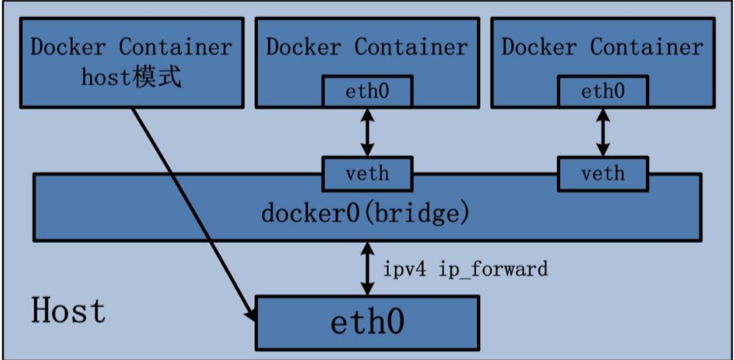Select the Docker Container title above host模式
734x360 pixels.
tap(131, 46)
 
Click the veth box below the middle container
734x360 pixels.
tap(367, 174)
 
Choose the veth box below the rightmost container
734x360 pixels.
tap(602, 174)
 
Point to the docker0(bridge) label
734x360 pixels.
tap(366, 212)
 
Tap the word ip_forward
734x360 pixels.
tap(493, 269)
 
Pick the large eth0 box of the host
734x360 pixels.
tap(367, 323)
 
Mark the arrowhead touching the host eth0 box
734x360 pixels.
tap(251, 315)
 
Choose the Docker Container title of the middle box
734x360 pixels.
tap(367, 46)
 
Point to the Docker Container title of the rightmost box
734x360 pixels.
tap(602, 46)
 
